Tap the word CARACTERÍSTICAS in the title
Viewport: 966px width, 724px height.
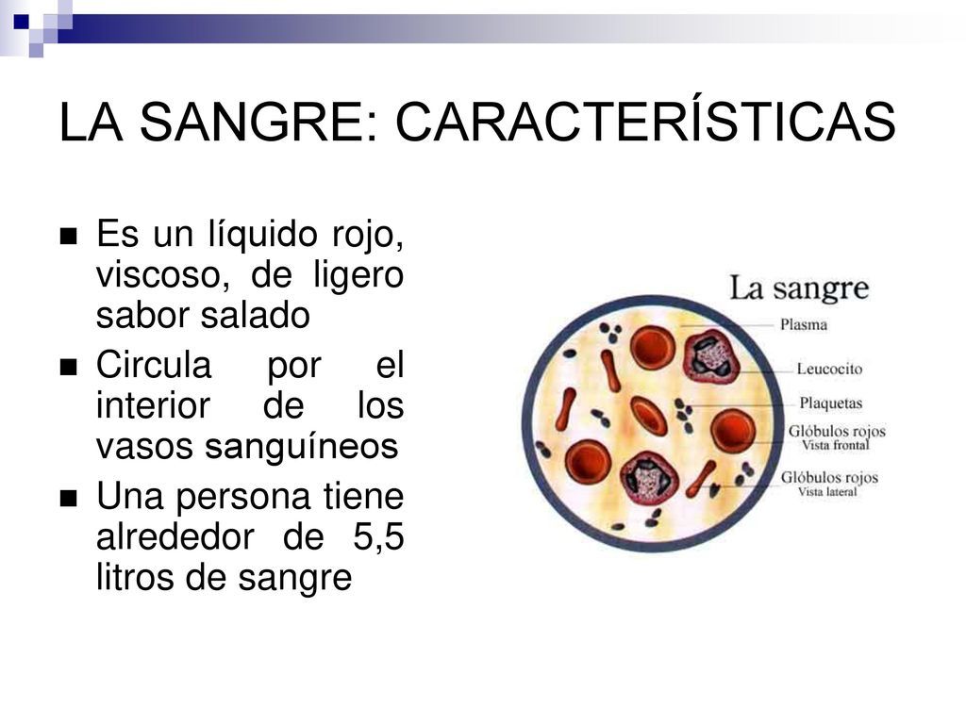tap(645, 123)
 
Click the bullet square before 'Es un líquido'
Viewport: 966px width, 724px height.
tap(68, 237)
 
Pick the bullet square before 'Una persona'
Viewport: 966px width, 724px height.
tap(68, 500)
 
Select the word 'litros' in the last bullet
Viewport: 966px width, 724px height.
tap(128, 577)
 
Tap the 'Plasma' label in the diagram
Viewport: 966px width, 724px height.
tap(804, 325)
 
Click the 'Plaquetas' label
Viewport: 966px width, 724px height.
tap(831, 403)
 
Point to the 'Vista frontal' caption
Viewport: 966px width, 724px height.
tap(835, 445)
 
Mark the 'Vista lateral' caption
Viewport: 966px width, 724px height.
tap(828, 491)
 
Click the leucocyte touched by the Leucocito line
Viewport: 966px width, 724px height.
tap(709, 356)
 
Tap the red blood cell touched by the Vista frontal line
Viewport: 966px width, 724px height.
tap(732, 431)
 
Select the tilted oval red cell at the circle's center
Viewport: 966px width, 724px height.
tap(649, 416)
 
